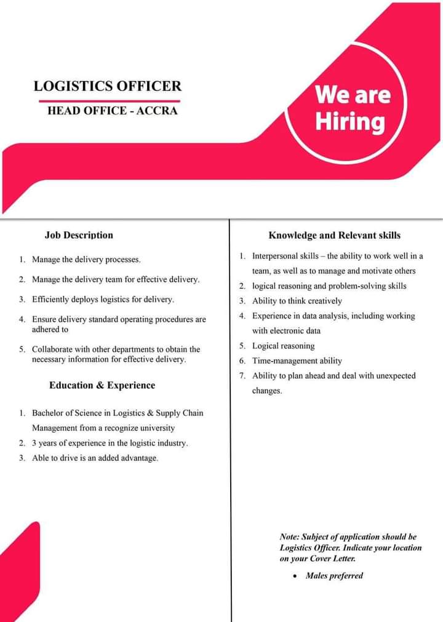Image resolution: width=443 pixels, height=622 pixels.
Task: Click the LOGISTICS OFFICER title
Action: coord(108,86)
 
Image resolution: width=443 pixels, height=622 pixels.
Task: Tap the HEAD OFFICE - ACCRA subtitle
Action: coord(112,111)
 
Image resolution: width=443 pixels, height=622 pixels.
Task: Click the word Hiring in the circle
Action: coord(350,121)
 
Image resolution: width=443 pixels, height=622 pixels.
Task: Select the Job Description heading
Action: coord(79,235)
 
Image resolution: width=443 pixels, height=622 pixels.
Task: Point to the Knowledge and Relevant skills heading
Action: coord(334,235)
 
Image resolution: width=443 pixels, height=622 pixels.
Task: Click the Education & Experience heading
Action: coord(102,385)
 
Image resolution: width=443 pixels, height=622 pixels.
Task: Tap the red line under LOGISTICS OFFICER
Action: coord(110,100)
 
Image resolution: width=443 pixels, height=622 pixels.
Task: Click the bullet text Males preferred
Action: coord(334,576)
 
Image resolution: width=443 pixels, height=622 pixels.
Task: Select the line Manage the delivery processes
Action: coord(86,260)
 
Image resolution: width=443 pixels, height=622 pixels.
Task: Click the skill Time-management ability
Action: coord(297,361)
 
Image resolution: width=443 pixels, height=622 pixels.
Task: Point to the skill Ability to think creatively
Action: coord(297,301)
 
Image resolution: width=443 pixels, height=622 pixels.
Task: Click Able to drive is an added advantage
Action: coord(95,458)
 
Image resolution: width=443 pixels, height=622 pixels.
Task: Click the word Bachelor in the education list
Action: coord(49,413)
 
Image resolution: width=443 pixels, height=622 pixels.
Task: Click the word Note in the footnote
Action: coord(289,537)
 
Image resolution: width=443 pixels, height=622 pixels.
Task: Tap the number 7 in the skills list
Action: coord(242,375)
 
